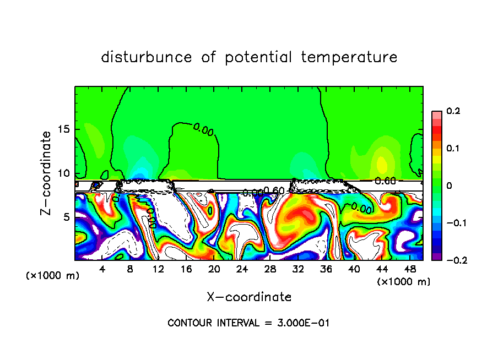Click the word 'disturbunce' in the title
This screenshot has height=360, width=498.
tap(147, 57)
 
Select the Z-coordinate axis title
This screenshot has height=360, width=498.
tap(48, 173)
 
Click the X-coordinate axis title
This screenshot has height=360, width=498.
tap(249, 297)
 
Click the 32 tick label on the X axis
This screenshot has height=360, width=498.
tap(298, 269)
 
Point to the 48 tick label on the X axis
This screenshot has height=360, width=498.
tap(409, 269)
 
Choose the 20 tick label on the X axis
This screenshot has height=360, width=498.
tap(214, 269)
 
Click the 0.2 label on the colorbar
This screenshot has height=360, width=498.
tap(453, 111)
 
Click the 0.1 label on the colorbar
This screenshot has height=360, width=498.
tap(453, 149)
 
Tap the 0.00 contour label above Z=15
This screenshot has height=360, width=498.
tap(203, 129)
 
